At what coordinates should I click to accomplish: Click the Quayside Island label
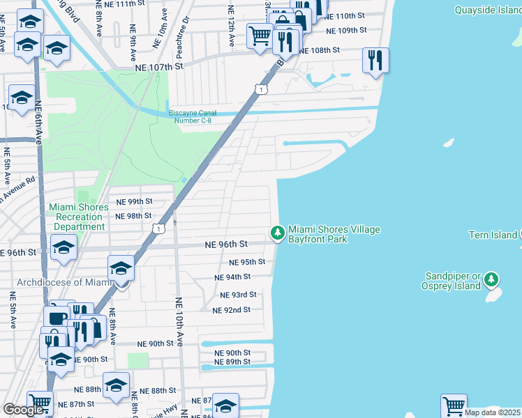pyautogui.click(x=487, y=10)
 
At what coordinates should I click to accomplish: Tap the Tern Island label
pyautogui.click(x=493, y=235)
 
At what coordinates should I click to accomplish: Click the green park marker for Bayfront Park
pyautogui.click(x=278, y=233)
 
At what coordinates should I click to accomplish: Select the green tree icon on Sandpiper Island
pyautogui.click(x=492, y=280)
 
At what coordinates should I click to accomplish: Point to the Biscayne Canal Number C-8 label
pyautogui.click(x=190, y=116)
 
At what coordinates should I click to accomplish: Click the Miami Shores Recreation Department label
pyautogui.click(x=78, y=217)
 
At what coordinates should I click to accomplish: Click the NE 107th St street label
pyautogui.click(x=158, y=66)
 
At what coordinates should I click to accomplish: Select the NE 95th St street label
pyautogui.click(x=247, y=262)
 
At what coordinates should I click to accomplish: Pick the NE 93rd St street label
pyautogui.click(x=238, y=295)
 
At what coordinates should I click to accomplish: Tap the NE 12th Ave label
pyautogui.click(x=230, y=22)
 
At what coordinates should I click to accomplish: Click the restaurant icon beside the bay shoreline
pyautogui.click(x=375, y=61)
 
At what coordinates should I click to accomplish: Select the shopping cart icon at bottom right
pyautogui.click(x=454, y=405)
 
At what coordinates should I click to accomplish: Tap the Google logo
pyautogui.click(x=24, y=410)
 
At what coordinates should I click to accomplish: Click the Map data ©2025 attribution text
pyautogui.click(x=493, y=412)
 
